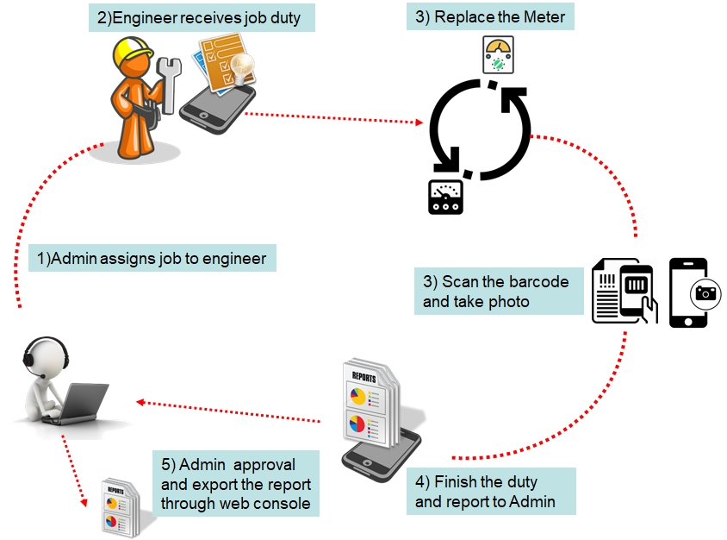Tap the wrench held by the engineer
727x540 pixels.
169,83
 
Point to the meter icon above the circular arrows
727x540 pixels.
497,54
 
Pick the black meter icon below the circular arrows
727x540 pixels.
445,196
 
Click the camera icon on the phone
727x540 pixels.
706,293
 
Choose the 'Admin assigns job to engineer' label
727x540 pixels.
152,258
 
